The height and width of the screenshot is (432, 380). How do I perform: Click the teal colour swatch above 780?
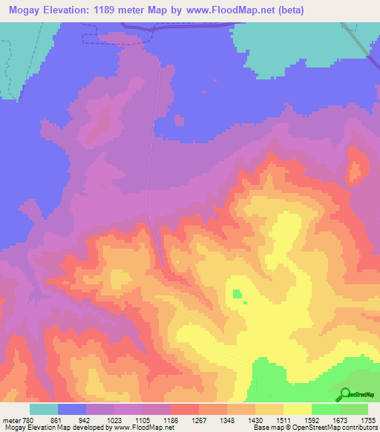pos(44,410)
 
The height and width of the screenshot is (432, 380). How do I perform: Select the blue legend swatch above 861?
pos(72,410)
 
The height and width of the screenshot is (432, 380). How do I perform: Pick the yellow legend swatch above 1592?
pos(298,410)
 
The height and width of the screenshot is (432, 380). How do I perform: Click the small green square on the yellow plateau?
pos(237,294)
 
